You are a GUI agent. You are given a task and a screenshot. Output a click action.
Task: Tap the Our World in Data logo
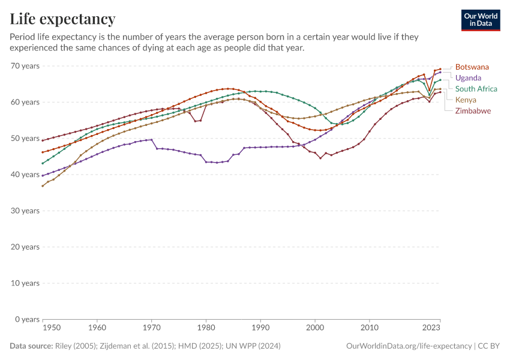(480, 20)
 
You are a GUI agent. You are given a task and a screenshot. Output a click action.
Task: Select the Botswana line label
(472, 67)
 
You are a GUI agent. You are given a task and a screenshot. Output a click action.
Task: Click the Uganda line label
(469, 78)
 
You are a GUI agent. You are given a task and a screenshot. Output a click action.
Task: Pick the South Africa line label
(476, 89)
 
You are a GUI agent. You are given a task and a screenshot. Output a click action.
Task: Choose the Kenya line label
(466, 100)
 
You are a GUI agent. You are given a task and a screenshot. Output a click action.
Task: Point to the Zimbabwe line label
(473, 111)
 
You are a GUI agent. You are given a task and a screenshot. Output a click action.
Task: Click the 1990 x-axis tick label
(260, 328)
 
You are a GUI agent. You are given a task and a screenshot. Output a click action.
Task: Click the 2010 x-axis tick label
(370, 328)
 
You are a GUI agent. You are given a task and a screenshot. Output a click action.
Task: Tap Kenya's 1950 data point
(43, 186)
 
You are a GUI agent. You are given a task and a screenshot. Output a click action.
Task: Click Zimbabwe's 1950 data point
(43, 140)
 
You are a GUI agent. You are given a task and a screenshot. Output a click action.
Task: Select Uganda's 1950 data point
(43, 176)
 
